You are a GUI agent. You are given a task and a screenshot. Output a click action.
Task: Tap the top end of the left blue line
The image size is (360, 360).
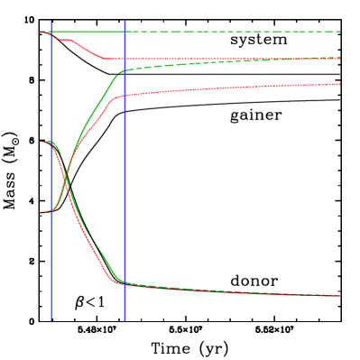[x=51, y=21]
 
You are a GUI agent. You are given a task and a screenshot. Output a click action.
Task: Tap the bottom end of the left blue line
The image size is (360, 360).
[x=51, y=319]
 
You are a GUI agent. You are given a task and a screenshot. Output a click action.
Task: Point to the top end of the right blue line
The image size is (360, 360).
[x=125, y=21]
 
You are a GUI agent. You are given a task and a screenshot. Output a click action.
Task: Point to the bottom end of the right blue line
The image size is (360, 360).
[x=125, y=320]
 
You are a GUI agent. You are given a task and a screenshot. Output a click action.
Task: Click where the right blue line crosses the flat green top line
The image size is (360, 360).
[x=125, y=32]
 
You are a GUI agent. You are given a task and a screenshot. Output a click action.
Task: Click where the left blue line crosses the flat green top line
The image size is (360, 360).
[x=51, y=32]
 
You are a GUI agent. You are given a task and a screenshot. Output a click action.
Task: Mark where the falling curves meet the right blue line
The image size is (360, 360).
[x=125, y=282]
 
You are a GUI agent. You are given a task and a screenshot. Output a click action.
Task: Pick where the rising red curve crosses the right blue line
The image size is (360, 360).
[x=125, y=95]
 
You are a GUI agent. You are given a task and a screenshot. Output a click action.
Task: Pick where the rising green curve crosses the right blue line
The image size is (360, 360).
[x=125, y=70]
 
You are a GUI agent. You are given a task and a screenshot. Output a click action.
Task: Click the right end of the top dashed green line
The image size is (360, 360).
[x=339, y=32]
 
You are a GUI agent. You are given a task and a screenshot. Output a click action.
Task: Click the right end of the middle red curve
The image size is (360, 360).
[x=339, y=84]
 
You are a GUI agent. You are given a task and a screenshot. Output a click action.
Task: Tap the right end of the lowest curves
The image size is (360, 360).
[x=339, y=295]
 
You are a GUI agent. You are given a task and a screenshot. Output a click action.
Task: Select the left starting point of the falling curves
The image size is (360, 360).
[x=42, y=142]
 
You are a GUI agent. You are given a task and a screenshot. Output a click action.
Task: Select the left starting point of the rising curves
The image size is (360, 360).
[x=42, y=212]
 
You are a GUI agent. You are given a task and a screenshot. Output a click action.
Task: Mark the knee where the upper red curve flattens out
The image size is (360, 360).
[x=104, y=58]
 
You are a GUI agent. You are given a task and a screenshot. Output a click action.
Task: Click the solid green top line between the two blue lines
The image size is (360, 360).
[x=88, y=32]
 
